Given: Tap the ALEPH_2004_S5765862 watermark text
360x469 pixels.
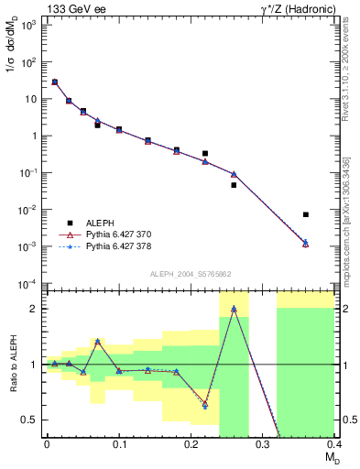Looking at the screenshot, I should point(191,274).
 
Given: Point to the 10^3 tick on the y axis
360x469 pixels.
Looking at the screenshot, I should point(29,25).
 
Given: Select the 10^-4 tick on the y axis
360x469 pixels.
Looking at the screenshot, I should point(29,283).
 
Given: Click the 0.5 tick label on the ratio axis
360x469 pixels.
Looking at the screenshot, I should point(31,420).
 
